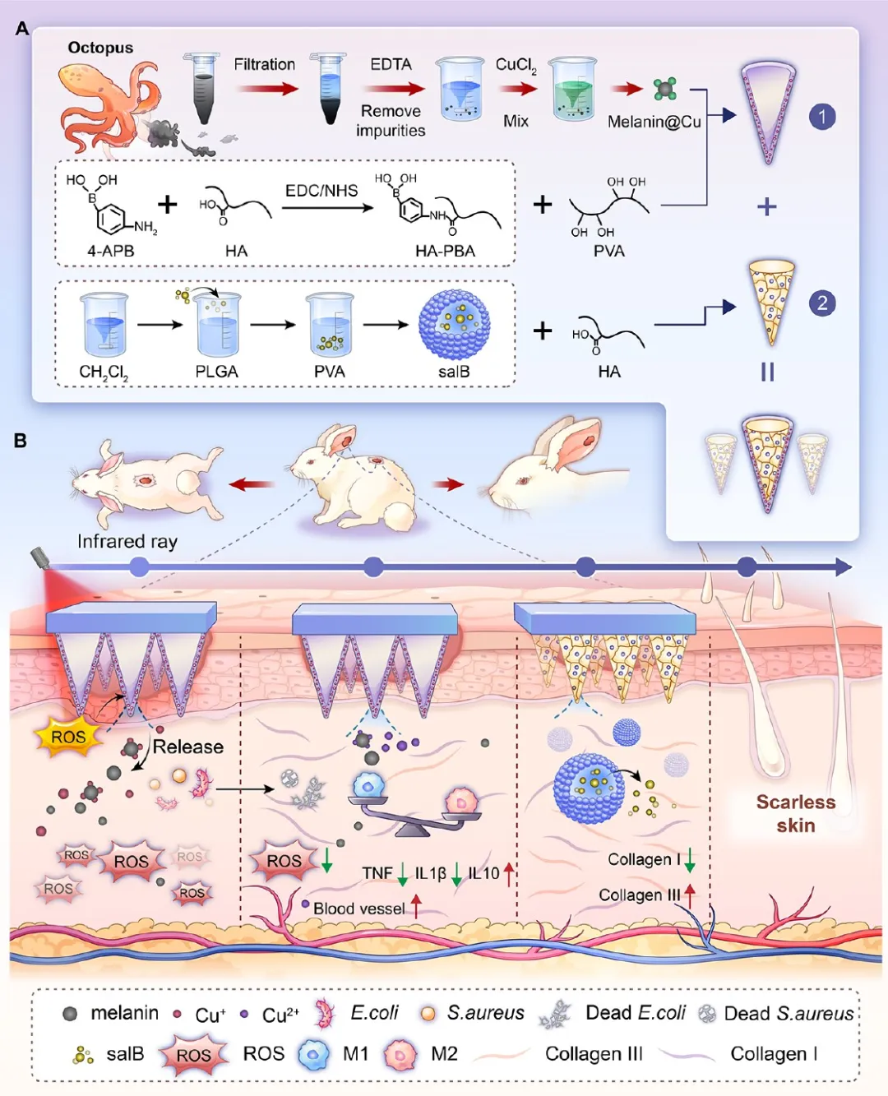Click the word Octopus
coord(100,48)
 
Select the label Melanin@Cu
coord(654,122)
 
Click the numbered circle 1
coord(822,116)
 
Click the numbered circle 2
coord(822,303)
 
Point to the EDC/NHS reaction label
coord(321,191)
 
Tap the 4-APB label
coord(110,251)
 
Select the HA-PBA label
coord(445,251)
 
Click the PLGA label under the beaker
coord(216,372)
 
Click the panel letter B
coord(21,441)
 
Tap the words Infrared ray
coord(127,541)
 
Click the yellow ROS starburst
coord(69,737)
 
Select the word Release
coord(188,747)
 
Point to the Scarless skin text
coord(795,813)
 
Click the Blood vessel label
coord(358,909)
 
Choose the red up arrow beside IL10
coord(509,874)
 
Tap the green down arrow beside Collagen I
coord(689,860)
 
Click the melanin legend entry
coord(124,1013)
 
